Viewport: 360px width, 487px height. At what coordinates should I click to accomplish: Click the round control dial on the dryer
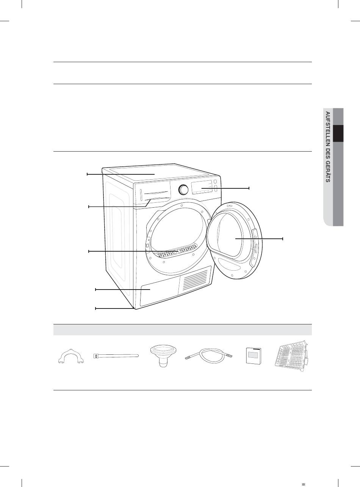click(183, 189)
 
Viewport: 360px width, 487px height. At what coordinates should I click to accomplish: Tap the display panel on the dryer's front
click(202, 187)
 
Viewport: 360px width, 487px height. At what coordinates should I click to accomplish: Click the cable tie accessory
click(116, 356)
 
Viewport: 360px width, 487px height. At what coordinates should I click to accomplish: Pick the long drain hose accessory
click(209, 356)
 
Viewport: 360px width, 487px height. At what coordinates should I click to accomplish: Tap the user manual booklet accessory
click(254, 356)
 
